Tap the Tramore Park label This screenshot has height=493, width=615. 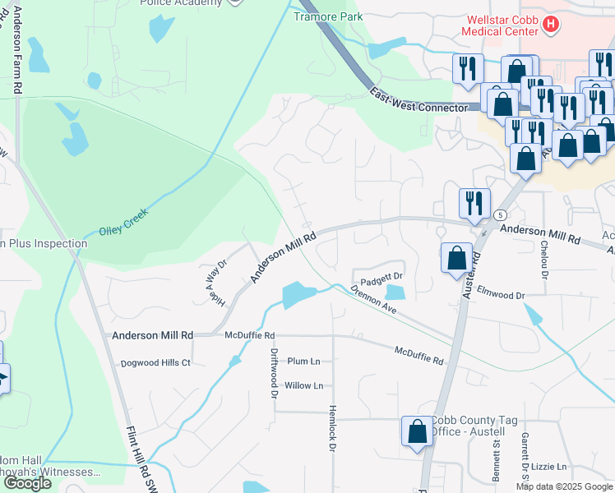pyautogui.click(x=328, y=16)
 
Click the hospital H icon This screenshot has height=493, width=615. pyautogui.click(x=551, y=25)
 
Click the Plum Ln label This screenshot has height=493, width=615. pyautogui.click(x=303, y=362)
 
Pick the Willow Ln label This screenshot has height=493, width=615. pyautogui.click(x=303, y=385)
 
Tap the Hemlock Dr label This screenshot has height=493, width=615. pyautogui.click(x=333, y=427)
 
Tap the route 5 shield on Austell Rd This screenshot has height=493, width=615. pyautogui.click(x=499, y=214)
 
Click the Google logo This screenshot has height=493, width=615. pyautogui.click(x=27, y=483)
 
